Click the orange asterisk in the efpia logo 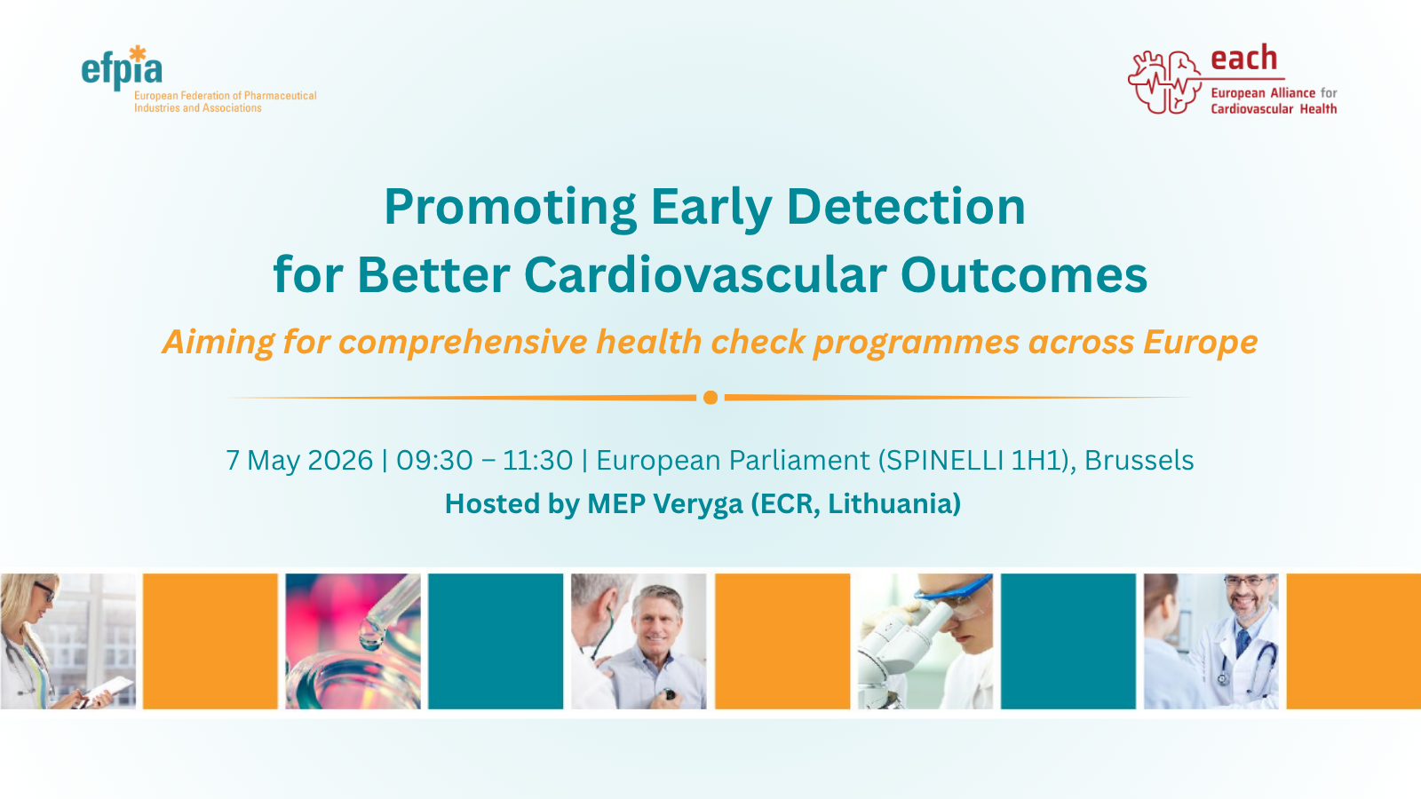[x=137, y=53]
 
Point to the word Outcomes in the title [x=1023, y=275]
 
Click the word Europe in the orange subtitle [x=1200, y=343]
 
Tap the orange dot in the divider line [x=710, y=398]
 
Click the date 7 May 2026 [x=299, y=461]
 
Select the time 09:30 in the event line [x=434, y=461]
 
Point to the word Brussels [x=1139, y=461]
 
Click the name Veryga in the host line [x=697, y=504]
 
